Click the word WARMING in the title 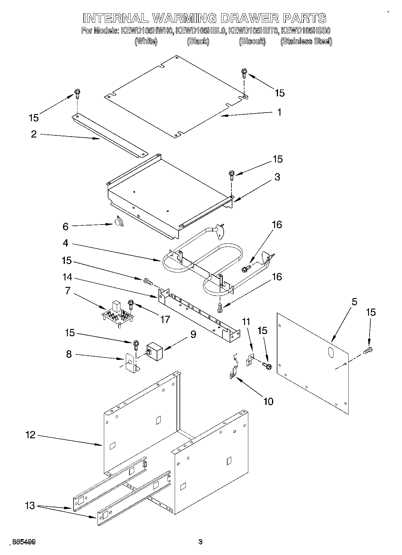pos(184,18)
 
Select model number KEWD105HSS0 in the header pos(306,31)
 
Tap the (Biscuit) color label pos(252,41)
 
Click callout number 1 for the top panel pos(280,112)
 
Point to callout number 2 pos(34,134)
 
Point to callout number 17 pos(165,319)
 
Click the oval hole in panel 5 pos(330,353)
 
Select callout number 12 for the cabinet pos(30,435)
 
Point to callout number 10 pos(268,401)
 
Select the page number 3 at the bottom pos(200,542)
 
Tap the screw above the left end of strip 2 pos(77,94)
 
